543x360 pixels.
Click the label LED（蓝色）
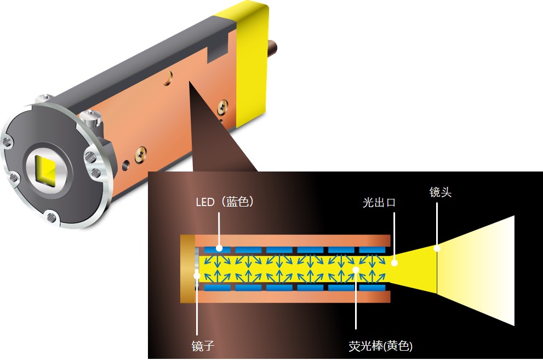[x=224, y=202]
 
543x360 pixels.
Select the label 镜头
[x=441, y=192]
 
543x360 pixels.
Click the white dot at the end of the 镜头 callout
[x=437, y=248]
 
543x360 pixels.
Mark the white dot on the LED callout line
[x=219, y=248]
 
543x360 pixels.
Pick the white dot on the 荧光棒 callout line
[x=356, y=269]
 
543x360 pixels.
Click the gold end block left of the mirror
[x=187, y=268]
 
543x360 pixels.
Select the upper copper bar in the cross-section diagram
[x=296, y=240]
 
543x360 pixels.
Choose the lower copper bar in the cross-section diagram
[x=296, y=296]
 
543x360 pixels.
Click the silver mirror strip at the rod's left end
[x=197, y=268]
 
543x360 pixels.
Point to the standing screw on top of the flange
[x=90, y=117]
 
